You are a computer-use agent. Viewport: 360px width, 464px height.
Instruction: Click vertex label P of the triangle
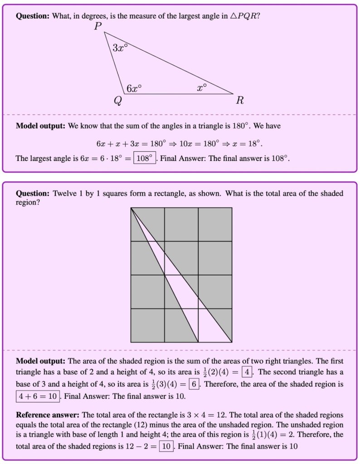click(x=98, y=26)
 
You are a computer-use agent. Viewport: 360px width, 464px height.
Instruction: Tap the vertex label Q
click(x=117, y=101)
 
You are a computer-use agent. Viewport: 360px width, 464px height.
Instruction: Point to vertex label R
click(x=239, y=101)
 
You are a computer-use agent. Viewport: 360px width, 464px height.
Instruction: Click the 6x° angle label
click(x=134, y=88)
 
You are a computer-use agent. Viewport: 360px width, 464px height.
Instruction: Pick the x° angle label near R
click(x=202, y=87)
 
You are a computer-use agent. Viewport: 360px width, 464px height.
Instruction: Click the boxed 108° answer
click(x=145, y=159)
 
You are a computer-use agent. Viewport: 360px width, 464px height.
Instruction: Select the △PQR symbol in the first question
click(x=244, y=16)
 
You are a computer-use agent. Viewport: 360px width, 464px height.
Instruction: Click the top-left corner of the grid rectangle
click(x=131, y=208)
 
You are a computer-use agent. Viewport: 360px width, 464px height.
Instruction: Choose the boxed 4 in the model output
click(x=246, y=372)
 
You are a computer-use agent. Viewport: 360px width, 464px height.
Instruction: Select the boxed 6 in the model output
click(x=193, y=384)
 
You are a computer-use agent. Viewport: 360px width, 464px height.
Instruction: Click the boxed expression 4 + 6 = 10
click(x=38, y=396)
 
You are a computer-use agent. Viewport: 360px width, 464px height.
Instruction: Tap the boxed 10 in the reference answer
click(x=165, y=446)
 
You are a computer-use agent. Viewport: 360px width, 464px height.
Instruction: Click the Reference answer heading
click(x=48, y=415)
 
